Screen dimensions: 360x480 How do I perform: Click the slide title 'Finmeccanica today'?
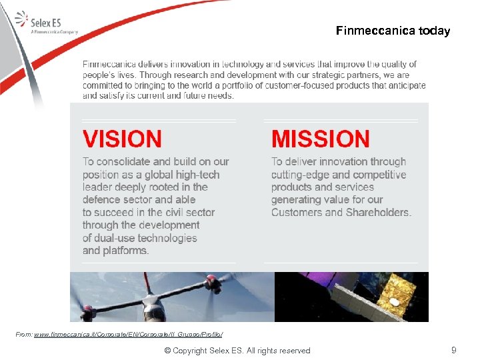(393, 31)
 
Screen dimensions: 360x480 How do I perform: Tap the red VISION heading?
(122, 139)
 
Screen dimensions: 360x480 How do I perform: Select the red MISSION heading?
(320, 139)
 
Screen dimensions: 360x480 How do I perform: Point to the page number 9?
(454, 350)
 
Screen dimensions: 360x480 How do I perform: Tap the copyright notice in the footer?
(237, 351)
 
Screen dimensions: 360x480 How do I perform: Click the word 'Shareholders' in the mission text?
(378, 213)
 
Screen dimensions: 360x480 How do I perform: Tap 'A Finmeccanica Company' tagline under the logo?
(55, 31)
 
